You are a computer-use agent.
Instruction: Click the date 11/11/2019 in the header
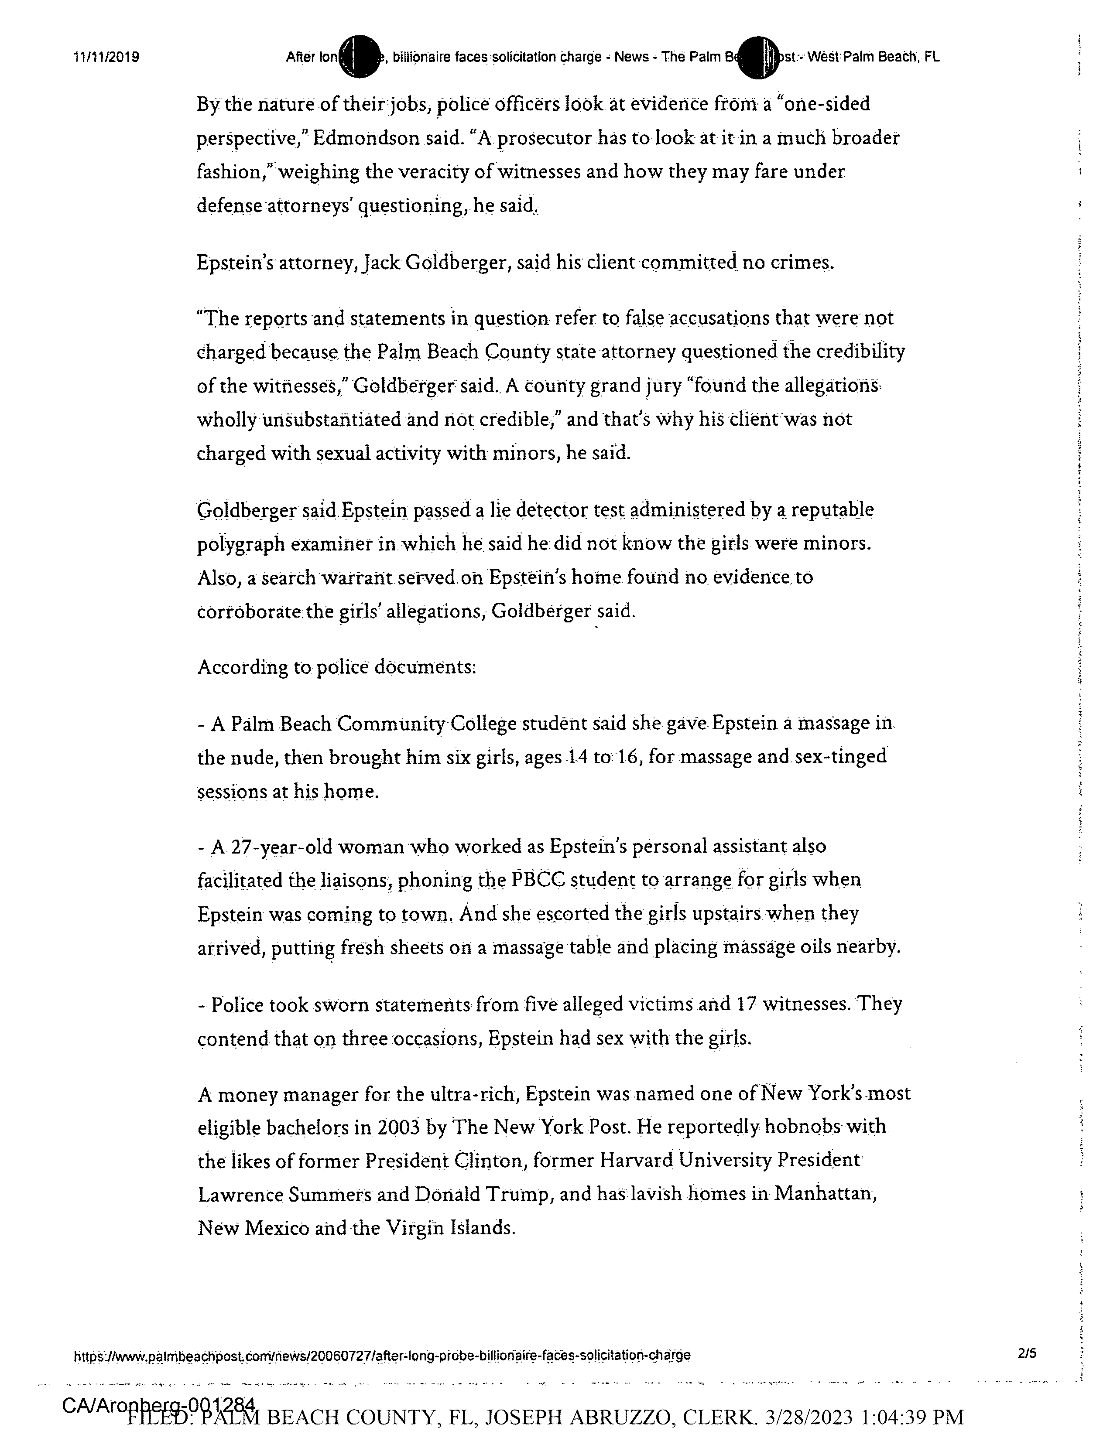point(106,57)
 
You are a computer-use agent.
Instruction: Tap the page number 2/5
point(1026,1354)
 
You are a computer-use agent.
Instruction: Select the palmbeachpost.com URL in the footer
point(382,1355)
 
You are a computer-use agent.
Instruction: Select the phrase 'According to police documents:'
point(337,668)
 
